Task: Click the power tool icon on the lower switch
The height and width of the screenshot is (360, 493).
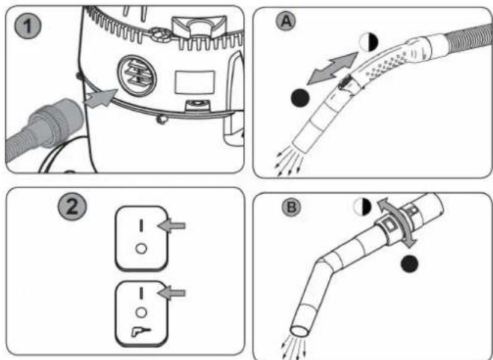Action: [x=138, y=329]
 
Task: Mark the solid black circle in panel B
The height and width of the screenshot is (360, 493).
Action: [x=407, y=263]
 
